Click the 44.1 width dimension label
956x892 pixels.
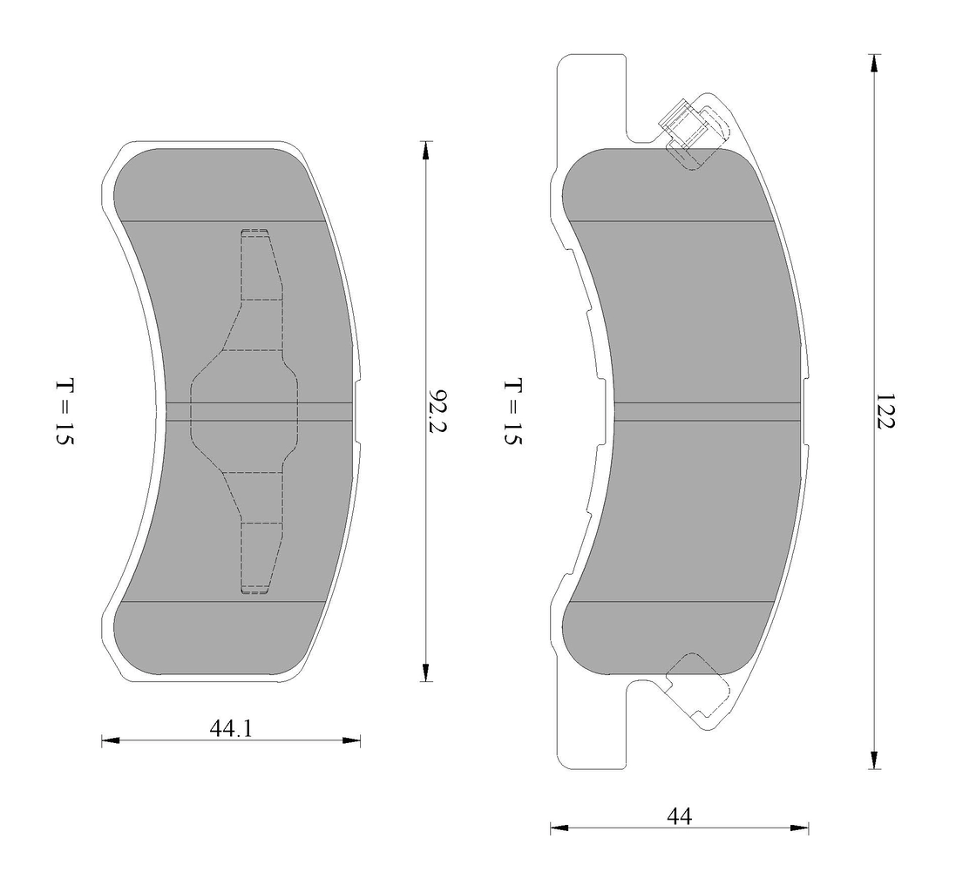tap(230, 727)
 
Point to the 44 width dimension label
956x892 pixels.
tap(679, 815)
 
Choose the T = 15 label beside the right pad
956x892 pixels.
tap(512, 412)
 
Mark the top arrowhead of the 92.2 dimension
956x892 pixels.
tap(425, 150)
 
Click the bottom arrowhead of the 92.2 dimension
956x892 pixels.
tap(425, 672)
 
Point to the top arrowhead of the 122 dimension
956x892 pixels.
tap(873, 64)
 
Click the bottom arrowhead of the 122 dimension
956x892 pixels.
tap(873, 760)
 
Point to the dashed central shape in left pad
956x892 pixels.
tap(245, 411)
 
